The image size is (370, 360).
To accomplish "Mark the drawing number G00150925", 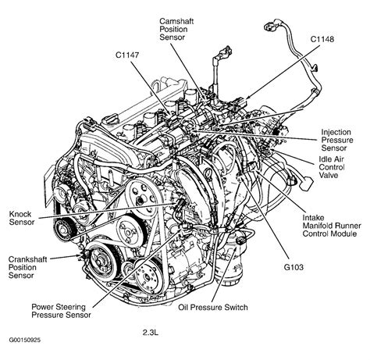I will (x=26, y=351).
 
